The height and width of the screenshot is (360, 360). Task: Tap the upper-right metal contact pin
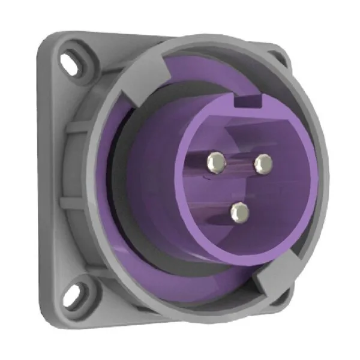pyautogui.click(x=262, y=163)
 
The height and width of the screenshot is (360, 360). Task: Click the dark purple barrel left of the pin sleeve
pyautogui.click(x=150, y=180)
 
